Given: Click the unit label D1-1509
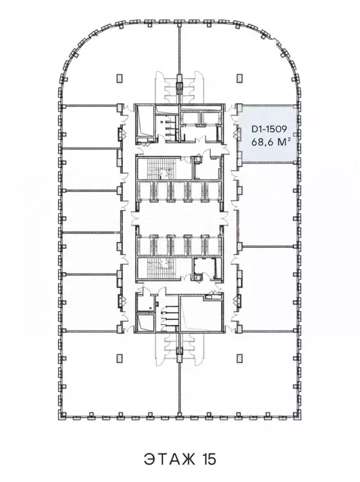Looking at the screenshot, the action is pos(269,129).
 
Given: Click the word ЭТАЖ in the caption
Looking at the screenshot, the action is pos(169,459).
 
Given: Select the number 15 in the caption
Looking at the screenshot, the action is pos(209,459).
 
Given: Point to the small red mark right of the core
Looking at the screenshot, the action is pos(239,235).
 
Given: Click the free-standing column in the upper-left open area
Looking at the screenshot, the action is pos(119,79).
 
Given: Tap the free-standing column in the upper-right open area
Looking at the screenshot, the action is pos(240,79).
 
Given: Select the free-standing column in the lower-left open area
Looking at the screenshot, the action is pos(119,357).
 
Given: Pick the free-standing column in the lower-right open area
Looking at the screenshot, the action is pos(240,357).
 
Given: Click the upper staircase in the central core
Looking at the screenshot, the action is pos(157,168).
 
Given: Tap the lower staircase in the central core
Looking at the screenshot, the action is pos(157,268).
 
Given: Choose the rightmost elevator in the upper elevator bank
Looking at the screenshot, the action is pos(213,191).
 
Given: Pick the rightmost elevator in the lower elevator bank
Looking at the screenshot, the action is pos(213,245).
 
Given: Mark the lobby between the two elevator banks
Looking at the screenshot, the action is pos(179,218).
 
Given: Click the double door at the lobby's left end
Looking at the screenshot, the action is pos(135,218).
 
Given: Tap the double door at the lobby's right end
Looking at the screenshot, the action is pos(223,218).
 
